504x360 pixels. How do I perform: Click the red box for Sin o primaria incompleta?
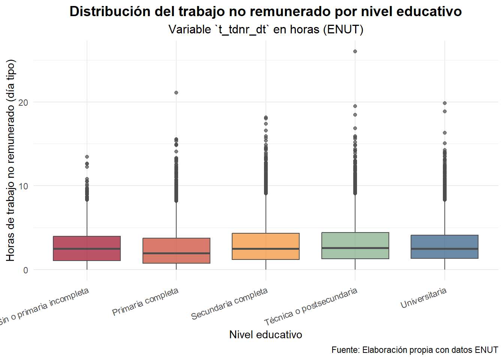(87, 248)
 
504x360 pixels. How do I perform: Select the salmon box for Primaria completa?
(176, 250)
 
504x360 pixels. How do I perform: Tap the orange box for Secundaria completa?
(266, 246)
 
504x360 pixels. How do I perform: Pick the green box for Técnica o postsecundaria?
(355, 246)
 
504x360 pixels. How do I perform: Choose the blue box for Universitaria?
(444, 247)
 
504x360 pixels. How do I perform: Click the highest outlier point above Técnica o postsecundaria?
(355, 51)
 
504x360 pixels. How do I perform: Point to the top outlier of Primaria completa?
(176, 93)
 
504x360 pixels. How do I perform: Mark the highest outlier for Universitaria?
(445, 103)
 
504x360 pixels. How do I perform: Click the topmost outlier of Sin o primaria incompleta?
(87, 157)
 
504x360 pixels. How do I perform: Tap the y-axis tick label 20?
(23, 102)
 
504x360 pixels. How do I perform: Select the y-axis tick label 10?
(23, 186)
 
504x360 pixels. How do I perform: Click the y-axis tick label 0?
(25, 270)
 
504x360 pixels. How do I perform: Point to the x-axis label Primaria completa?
(145, 301)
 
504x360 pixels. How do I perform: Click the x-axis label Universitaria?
(424, 298)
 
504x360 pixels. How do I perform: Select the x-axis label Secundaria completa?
(229, 303)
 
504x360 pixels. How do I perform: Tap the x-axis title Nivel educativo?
(265, 334)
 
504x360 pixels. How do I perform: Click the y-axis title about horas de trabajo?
(10, 160)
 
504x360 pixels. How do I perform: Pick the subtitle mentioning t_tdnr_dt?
(265, 29)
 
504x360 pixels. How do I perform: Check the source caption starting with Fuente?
(414, 350)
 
